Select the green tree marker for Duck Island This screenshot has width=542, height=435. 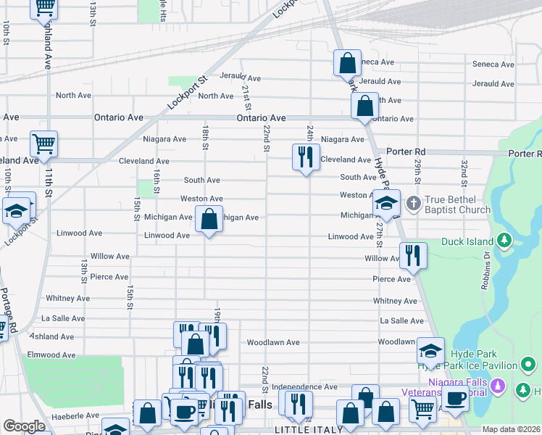pyautogui.click(x=505, y=241)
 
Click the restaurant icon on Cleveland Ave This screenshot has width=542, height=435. pyautogui.click(x=306, y=156)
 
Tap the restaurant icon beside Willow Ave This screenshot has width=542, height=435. pyautogui.click(x=413, y=254)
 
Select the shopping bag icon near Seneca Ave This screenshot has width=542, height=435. pyautogui.click(x=347, y=63)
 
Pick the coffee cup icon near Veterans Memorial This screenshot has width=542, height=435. pyautogui.click(x=456, y=397)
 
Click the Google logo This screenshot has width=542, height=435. pyautogui.click(x=24, y=426)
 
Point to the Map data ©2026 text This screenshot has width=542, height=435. pyautogui.click(x=511, y=429)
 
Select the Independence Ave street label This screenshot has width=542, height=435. pyautogui.click(x=304, y=388)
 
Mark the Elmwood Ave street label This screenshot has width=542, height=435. pyautogui.click(x=51, y=355)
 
